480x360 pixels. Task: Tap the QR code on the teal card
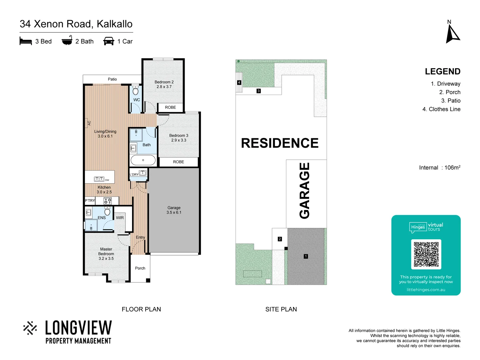[x=426, y=254]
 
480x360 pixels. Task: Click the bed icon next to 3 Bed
[x=26, y=41]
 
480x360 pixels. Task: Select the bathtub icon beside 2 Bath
[x=67, y=41]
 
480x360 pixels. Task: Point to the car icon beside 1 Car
[x=109, y=41]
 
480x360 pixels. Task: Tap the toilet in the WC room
[x=136, y=91]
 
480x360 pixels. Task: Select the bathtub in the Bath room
[x=143, y=160]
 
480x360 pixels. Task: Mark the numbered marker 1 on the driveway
[x=306, y=256]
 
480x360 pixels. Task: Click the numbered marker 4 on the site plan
[x=239, y=82]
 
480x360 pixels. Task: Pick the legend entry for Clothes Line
[x=441, y=109]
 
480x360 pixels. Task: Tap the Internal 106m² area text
[x=439, y=168]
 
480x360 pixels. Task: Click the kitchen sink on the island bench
[x=99, y=179]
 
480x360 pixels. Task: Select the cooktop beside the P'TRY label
[x=107, y=201]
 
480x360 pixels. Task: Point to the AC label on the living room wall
[x=89, y=123]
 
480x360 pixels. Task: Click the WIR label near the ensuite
[x=120, y=218]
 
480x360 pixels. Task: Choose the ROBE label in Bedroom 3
[x=178, y=162]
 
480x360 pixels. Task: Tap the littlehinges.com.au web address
[x=426, y=290]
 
